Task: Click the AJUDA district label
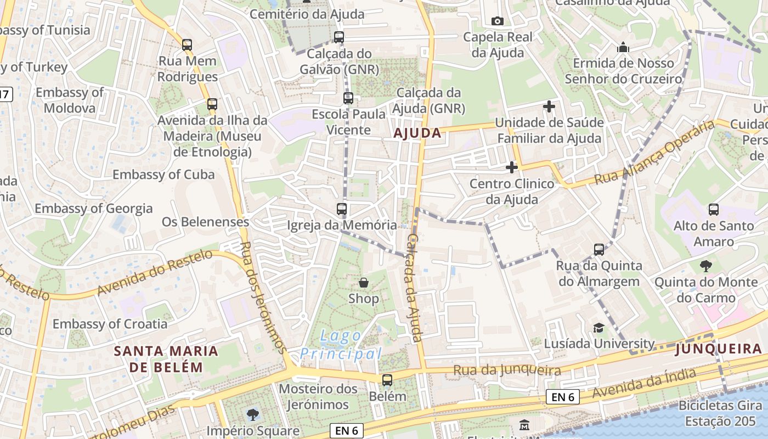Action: (417, 133)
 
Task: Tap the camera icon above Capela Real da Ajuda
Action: (498, 21)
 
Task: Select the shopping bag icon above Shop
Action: (363, 283)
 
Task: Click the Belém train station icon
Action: (387, 380)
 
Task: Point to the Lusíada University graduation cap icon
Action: (598, 328)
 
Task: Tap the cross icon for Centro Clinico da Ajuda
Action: (512, 167)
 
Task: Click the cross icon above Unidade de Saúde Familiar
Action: (549, 106)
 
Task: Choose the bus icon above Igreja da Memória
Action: (342, 209)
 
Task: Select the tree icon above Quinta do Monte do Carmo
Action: (705, 266)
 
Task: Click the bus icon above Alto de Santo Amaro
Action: (714, 209)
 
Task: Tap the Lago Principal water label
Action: (341, 345)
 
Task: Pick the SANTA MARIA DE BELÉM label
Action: (166, 359)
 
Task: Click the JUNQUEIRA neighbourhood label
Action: (719, 348)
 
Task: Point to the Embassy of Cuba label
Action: (163, 175)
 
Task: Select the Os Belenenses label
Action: (205, 222)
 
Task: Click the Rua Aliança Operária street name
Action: (655, 153)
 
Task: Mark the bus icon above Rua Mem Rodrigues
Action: (187, 45)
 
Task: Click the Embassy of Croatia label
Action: (110, 324)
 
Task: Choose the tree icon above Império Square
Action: (253, 414)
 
